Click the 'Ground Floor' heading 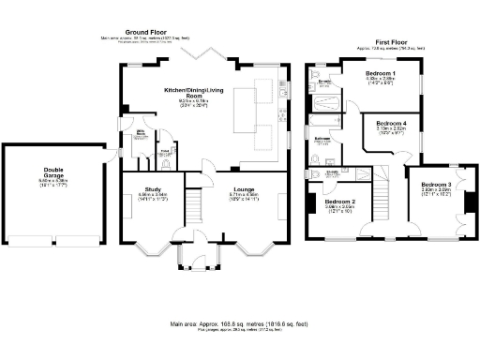(x=144, y=32)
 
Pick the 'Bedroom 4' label (x=391, y=124)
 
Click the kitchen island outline (x=247, y=100)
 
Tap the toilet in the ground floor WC (x=166, y=163)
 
